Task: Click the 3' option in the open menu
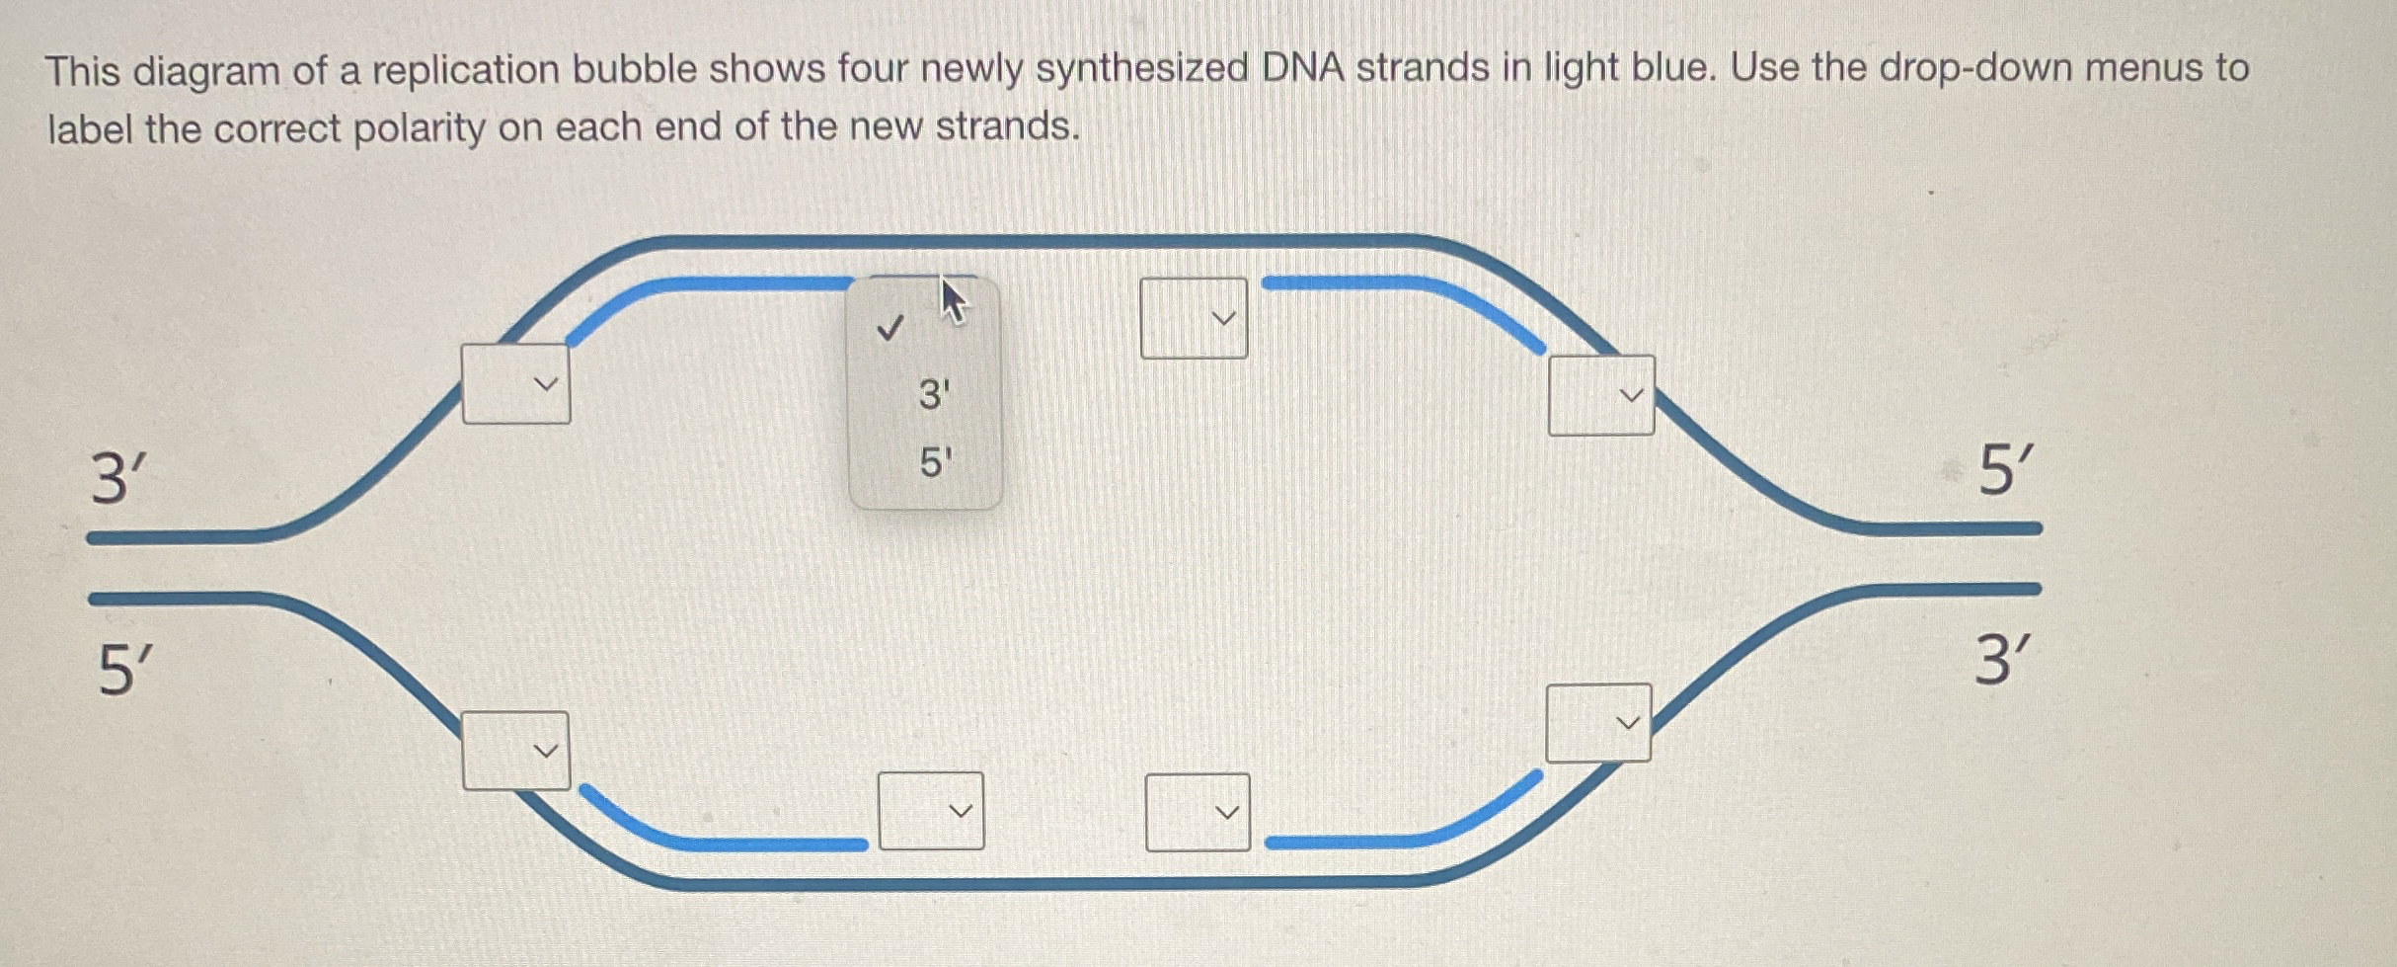click(x=933, y=395)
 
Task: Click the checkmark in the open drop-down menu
click(x=889, y=327)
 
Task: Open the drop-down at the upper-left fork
click(x=516, y=384)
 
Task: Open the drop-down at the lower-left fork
click(x=516, y=751)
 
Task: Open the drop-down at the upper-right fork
click(x=1601, y=395)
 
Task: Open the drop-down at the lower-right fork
click(x=1598, y=723)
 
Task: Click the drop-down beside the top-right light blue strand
click(x=1194, y=318)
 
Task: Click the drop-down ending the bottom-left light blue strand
click(x=931, y=811)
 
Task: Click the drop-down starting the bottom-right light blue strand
click(x=1198, y=812)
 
